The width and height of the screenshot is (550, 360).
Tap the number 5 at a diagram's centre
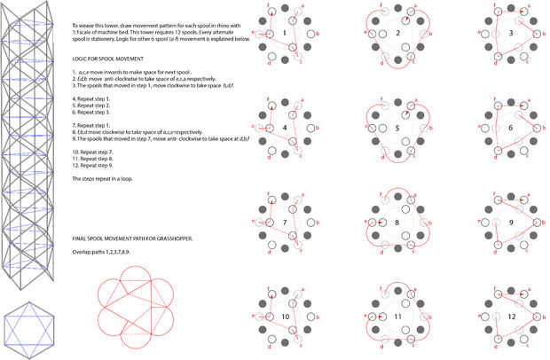pyautogui.click(x=398, y=127)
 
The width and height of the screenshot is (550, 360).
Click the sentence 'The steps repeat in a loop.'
pyautogui.click(x=103, y=180)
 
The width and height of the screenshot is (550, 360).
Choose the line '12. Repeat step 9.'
pyautogui.click(x=93, y=168)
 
